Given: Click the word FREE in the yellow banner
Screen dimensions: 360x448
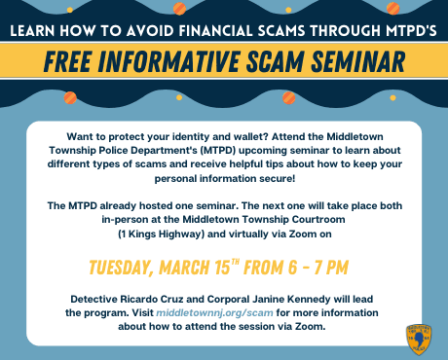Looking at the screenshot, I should click(x=67, y=62).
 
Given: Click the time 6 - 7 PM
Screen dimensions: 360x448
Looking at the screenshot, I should click(x=314, y=267).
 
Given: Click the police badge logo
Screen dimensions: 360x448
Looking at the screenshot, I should click(x=419, y=340).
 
